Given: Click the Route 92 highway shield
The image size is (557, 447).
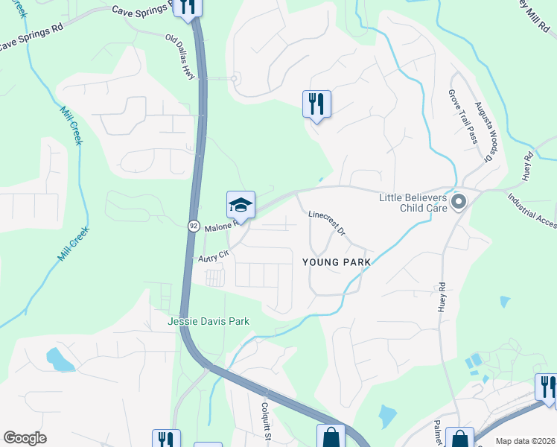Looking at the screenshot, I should coord(194,225).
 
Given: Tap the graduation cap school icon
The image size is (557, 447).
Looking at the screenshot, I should coord(241,204).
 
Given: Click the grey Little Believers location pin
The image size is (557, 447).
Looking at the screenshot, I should coord(459,202).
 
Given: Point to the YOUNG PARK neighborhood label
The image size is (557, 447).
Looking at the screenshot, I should coord(336,262).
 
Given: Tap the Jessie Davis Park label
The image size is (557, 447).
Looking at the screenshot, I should coord(209,321).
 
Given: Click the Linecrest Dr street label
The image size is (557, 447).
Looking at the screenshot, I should coord(327,224).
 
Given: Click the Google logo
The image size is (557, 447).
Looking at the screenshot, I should coord(25,438).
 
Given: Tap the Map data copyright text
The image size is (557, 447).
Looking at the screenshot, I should coord(526,441).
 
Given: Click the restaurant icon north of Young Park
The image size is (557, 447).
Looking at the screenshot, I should coord(316,104).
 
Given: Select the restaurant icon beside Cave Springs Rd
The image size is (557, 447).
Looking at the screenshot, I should coord(188,7).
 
